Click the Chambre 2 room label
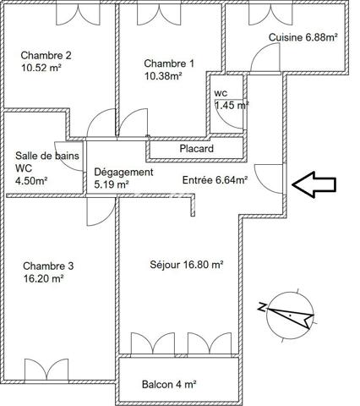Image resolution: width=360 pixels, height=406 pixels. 46,56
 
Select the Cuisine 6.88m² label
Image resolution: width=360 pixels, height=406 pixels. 303,37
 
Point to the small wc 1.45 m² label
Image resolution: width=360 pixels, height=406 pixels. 229,100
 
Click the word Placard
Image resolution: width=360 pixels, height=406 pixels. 196,149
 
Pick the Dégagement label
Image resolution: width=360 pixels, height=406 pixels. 123,172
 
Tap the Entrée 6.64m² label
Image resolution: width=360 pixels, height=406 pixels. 215,179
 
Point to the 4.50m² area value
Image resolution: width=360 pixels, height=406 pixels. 32,180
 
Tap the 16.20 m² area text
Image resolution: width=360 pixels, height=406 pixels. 44,277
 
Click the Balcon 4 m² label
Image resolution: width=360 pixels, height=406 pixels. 168,384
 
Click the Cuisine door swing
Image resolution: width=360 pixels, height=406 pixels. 265,58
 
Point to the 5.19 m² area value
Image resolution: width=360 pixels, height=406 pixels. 111,184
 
